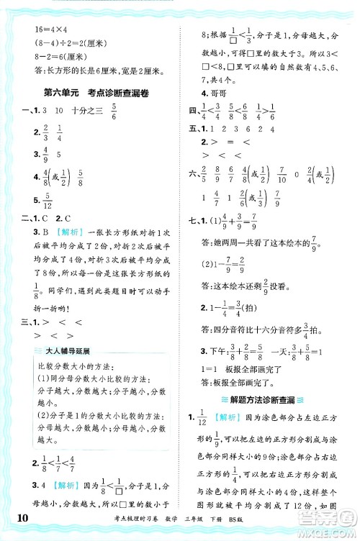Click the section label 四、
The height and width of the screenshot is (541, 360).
point(192,109)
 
